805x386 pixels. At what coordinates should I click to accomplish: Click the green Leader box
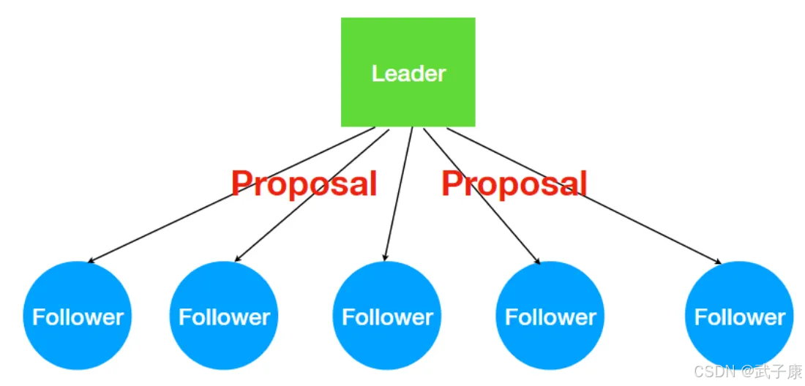click(x=408, y=72)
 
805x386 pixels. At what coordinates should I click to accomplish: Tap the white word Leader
click(x=408, y=74)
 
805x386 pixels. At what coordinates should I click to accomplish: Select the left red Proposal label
click(x=304, y=183)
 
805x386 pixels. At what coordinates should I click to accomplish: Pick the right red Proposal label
click(x=514, y=183)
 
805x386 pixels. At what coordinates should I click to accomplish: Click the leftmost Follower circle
click(x=78, y=316)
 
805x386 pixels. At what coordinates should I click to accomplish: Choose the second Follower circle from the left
click(x=224, y=316)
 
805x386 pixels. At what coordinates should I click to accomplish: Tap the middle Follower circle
click(x=387, y=316)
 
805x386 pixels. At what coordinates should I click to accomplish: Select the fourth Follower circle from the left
click(x=550, y=316)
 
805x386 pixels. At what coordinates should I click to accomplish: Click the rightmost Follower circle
click(x=740, y=316)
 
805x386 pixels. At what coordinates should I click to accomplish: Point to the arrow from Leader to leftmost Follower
click(x=231, y=195)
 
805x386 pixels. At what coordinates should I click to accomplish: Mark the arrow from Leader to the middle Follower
click(x=398, y=194)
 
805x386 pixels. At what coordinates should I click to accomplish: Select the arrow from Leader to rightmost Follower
click(x=584, y=196)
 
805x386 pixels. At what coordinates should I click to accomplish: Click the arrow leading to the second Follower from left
click(x=312, y=195)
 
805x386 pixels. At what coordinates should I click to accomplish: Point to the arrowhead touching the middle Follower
click(x=385, y=258)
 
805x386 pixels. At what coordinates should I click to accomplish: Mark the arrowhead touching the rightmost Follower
click(x=718, y=262)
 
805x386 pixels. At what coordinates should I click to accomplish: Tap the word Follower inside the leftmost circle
click(x=78, y=317)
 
